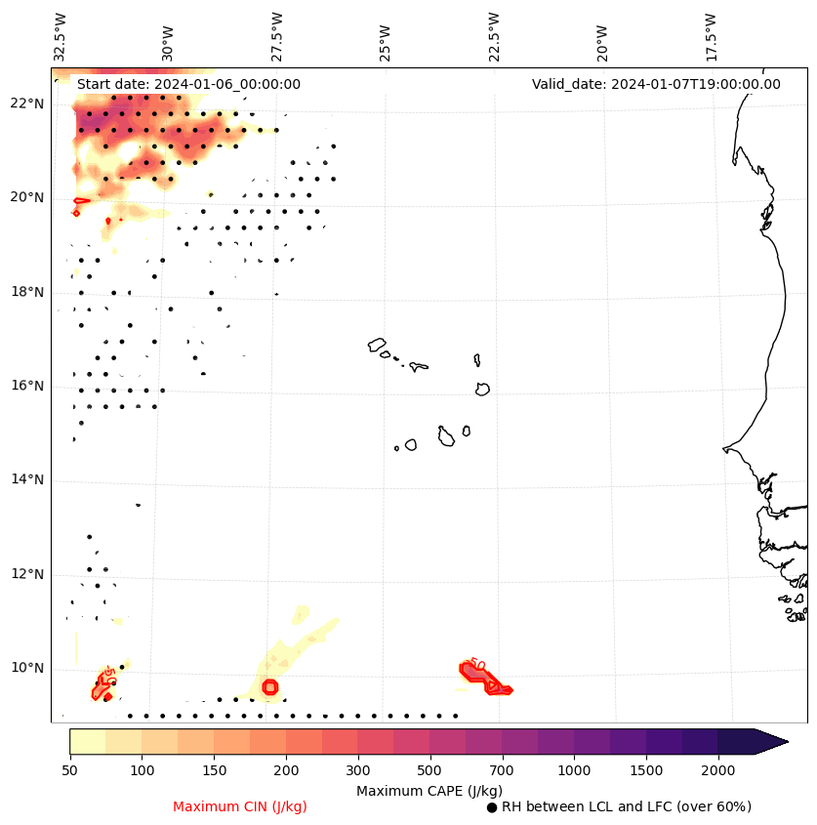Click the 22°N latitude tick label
tap(27, 103)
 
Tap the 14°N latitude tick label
tap(27, 479)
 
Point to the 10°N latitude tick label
tap(27, 668)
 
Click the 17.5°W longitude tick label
tap(711, 36)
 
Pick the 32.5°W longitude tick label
tap(61, 36)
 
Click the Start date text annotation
tap(188, 84)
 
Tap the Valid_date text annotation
tap(656, 84)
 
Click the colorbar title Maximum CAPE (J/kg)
tap(429, 790)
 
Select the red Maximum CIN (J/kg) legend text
tap(240, 806)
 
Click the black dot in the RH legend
tap(492, 807)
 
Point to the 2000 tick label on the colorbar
tap(718, 771)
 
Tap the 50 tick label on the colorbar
tap(69, 771)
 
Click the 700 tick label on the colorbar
tap(502, 771)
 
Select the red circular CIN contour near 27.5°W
tap(270, 687)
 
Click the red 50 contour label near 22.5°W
tap(477, 665)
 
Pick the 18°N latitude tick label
tap(27, 292)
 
